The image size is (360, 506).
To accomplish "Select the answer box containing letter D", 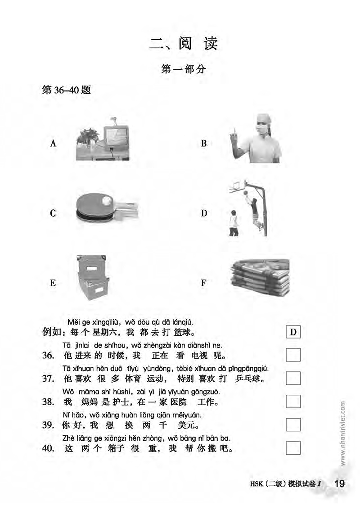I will click(x=293, y=333).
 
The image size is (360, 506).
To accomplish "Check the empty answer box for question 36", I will click(x=293, y=355).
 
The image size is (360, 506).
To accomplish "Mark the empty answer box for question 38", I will click(x=293, y=401).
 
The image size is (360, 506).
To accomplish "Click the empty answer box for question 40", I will click(x=293, y=447).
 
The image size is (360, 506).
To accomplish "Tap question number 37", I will click(x=48, y=378).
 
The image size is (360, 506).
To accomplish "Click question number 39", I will click(x=48, y=425).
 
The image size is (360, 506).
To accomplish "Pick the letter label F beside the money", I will click(x=203, y=283).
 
